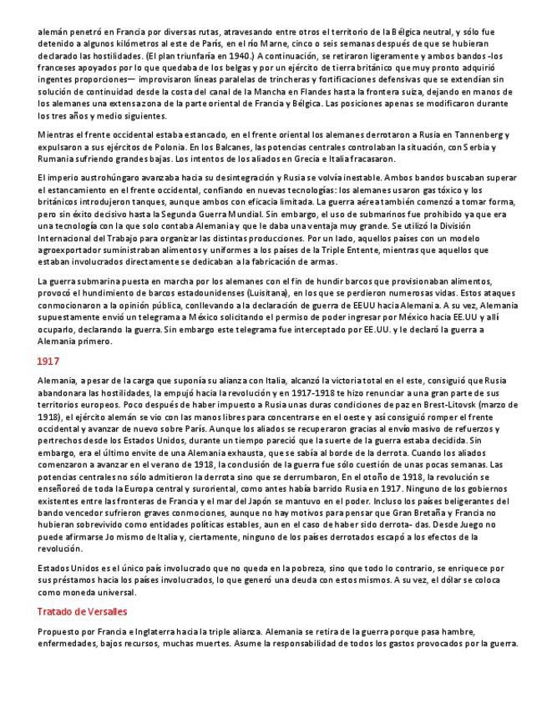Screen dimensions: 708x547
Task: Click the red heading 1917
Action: point(48,361)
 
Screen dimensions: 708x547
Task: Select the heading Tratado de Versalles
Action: point(82,612)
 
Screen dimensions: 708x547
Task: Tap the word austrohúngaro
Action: point(109,177)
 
